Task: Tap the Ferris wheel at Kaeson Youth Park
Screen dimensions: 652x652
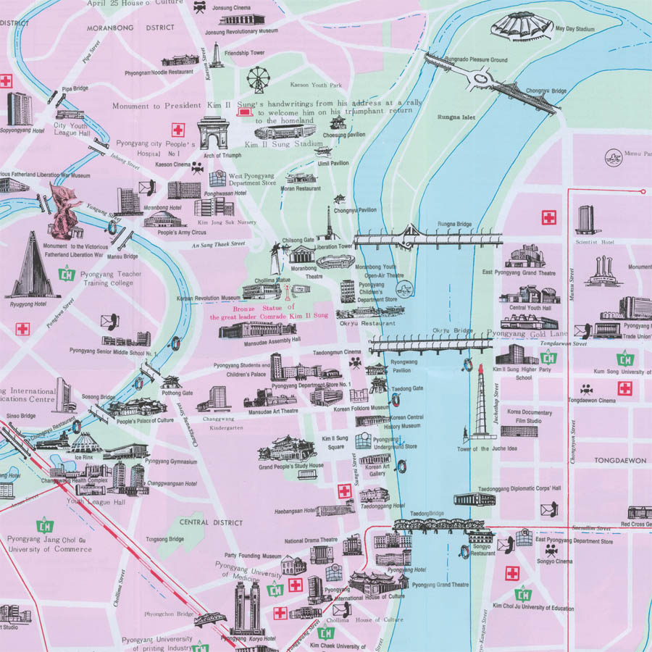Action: tap(257, 79)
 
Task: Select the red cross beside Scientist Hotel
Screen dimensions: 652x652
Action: tap(549, 217)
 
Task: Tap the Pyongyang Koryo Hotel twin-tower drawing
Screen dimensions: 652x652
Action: tap(247, 607)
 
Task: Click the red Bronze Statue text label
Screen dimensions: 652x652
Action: tap(269, 313)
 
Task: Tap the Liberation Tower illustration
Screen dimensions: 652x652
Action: tap(330, 225)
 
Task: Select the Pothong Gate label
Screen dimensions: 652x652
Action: tap(177, 393)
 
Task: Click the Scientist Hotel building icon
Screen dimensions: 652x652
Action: tap(585, 220)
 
